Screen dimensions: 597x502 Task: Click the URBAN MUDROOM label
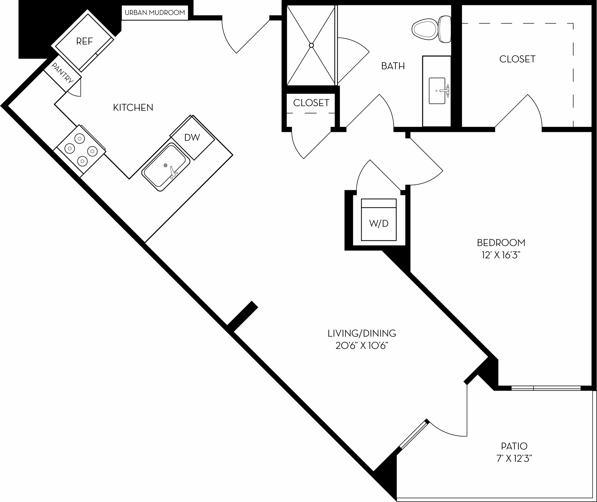tap(155, 13)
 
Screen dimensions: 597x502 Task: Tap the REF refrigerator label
tap(84, 41)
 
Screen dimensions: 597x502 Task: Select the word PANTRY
tap(63, 73)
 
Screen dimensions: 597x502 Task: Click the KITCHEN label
tap(133, 107)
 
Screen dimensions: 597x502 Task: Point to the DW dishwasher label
tap(192, 137)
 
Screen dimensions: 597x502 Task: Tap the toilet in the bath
tap(431, 29)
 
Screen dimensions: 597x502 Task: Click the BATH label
tap(393, 66)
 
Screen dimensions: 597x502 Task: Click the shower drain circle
tap(312, 45)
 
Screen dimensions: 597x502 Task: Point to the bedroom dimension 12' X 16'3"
tap(501, 255)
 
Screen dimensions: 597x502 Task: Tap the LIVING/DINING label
tap(362, 333)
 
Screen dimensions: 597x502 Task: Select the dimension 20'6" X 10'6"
tap(362, 346)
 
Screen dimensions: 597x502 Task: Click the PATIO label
tap(514, 446)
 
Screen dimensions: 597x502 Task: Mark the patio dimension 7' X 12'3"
tap(514, 458)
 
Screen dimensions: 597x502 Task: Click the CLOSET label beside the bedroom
tap(517, 59)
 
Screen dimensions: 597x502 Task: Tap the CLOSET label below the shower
tap(311, 103)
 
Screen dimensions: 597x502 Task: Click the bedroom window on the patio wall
tap(546, 388)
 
